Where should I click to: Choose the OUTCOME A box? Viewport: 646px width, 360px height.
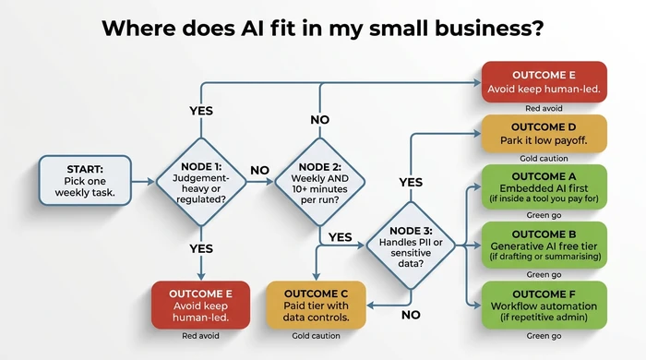point(544,187)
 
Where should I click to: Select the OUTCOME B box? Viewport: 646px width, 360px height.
point(544,244)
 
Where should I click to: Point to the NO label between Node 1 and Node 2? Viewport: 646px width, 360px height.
point(260,172)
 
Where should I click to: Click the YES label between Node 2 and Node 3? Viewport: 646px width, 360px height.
point(341,237)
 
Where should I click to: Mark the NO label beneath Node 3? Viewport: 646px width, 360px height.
point(413,314)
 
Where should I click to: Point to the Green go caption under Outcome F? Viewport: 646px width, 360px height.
point(544,334)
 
